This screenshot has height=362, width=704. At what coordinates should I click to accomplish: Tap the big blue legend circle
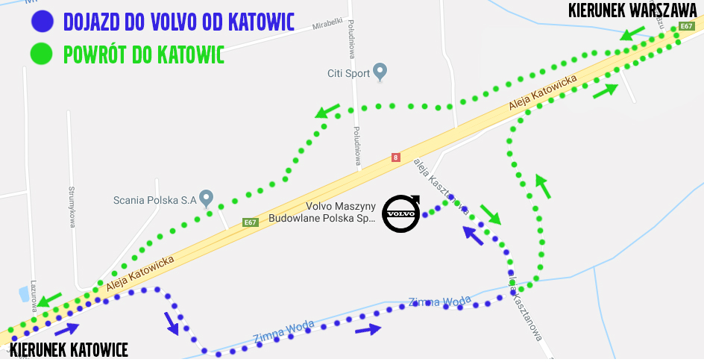[x=41, y=21]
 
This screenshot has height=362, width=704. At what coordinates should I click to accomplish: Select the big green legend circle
[x=41, y=54]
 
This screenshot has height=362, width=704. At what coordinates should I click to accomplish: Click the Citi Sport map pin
[x=380, y=72]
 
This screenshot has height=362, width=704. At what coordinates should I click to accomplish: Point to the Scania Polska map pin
[x=207, y=198]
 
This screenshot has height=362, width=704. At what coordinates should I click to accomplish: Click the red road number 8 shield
[x=395, y=157]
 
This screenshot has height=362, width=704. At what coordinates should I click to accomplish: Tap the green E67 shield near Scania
[x=251, y=222]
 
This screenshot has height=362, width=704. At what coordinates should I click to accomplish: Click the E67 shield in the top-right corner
[x=687, y=27]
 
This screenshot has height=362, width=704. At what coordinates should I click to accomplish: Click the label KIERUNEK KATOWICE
[x=69, y=350]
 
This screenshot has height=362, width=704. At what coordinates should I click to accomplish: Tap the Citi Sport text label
[x=349, y=73]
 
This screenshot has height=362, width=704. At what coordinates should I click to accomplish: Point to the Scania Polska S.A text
[x=154, y=200]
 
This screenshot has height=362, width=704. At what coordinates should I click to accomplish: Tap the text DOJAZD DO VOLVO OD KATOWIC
[x=179, y=22]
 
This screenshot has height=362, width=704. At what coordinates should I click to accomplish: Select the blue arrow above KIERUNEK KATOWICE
[x=66, y=328]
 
